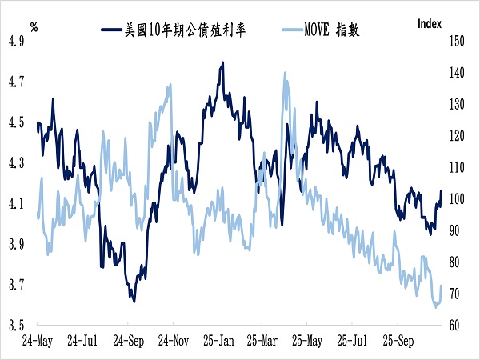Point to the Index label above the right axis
click(x=430, y=23)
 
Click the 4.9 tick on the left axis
click(x=16, y=41)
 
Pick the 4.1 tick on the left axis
click(x=16, y=203)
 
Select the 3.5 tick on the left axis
click(x=16, y=326)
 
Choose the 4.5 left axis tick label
click(x=16, y=122)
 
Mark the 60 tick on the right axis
click(x=456, y=326)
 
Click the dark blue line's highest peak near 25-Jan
click(x=221, y=62)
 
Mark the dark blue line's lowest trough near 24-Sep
click(x=134, y=301)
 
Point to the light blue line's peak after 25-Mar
click(x=284, y=74)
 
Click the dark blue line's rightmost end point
click(x=441, y=191)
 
